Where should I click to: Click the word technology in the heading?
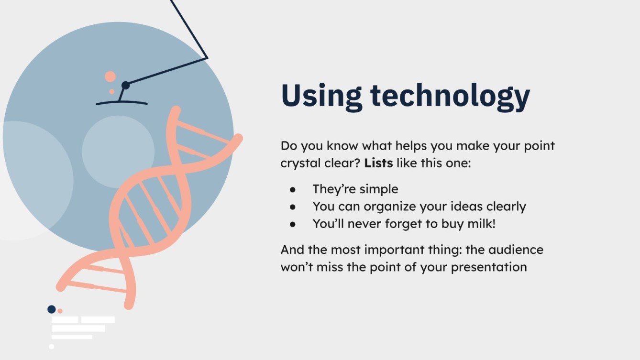coord(450,97)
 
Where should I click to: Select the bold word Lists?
coord(378,163)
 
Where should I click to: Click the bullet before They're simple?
coord(293,189)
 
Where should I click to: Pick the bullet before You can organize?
coord(293,207)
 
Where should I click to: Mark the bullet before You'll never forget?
coord(293,224)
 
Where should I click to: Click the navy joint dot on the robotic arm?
coord(125,85)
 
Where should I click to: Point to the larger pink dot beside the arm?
coord(110,76)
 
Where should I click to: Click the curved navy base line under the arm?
coord(121,102)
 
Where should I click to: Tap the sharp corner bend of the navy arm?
coord(207,58)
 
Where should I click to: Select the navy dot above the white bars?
coord(52,309)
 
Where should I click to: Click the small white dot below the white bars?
coord(52,347)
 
